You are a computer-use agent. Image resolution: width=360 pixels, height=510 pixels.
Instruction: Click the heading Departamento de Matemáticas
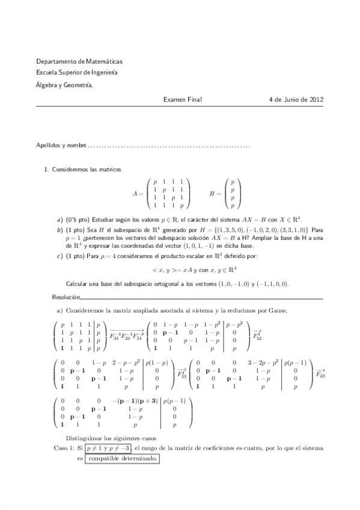[x=79, y=61]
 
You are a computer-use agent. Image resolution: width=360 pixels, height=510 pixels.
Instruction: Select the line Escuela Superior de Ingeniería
[x=77, y=73]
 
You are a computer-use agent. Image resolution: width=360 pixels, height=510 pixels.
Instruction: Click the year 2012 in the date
[x=316, y=99]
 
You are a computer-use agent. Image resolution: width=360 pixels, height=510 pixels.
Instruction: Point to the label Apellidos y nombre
[x=61, y=146]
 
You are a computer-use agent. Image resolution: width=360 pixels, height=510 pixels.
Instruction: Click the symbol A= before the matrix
[x=138, y=194]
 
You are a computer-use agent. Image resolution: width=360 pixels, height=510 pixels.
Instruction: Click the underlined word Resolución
[x=66, y=297]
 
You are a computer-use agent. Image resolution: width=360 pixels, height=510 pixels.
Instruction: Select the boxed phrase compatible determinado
[x=122, y=458]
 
